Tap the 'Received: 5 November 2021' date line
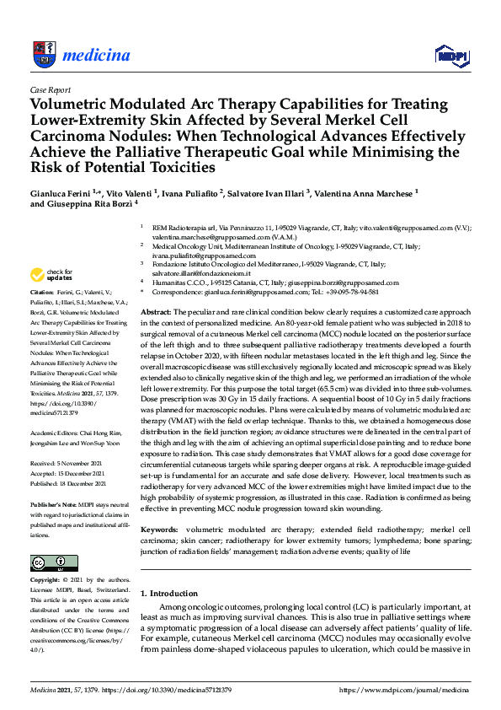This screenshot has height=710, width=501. [67, 463]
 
